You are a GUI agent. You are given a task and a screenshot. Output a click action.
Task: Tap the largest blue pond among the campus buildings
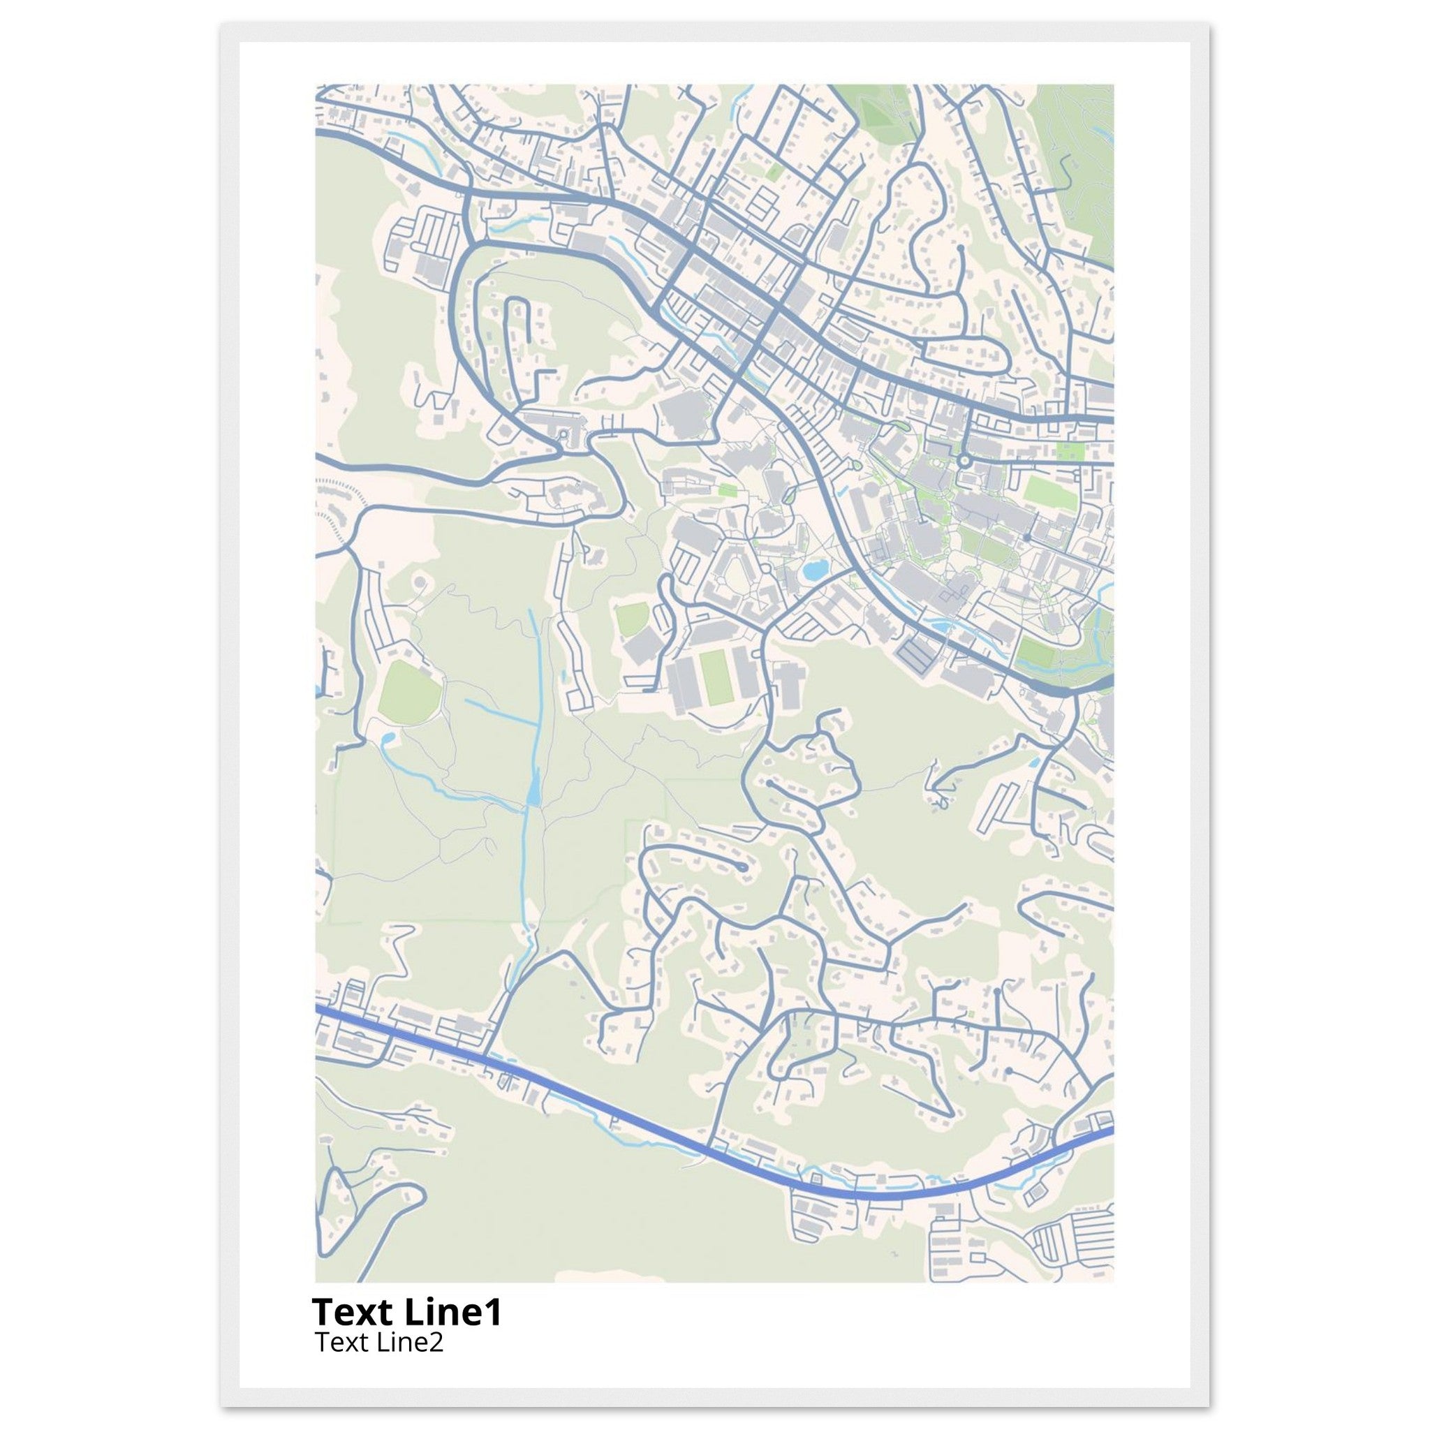813,570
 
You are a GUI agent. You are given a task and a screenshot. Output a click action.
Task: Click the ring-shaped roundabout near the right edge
964,461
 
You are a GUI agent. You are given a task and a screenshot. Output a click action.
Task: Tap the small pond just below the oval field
387,738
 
